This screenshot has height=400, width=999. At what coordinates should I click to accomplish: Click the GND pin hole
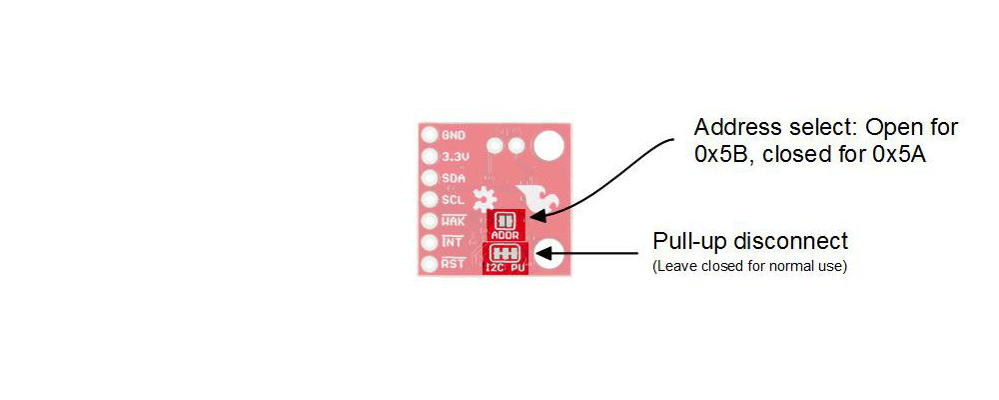(430, 135)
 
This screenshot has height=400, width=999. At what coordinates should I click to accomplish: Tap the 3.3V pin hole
(430, 157)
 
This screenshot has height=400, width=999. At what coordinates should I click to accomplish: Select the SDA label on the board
(454, 178)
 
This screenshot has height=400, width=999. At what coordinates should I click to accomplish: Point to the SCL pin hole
(430, 200)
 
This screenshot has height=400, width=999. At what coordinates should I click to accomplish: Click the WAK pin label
(454, 221)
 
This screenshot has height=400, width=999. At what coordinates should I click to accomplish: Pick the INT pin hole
(430, 243)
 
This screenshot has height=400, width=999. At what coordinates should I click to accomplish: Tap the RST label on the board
(454, 264)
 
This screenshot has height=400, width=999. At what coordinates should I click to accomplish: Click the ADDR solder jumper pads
(506, 220)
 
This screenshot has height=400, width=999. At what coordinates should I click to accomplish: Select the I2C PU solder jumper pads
(504, 253)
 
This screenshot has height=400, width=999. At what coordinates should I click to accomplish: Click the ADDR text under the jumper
(506, 235)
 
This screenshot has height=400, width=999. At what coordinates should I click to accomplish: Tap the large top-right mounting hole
(548, 146)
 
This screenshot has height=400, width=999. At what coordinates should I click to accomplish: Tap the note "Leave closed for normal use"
(749, 267)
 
